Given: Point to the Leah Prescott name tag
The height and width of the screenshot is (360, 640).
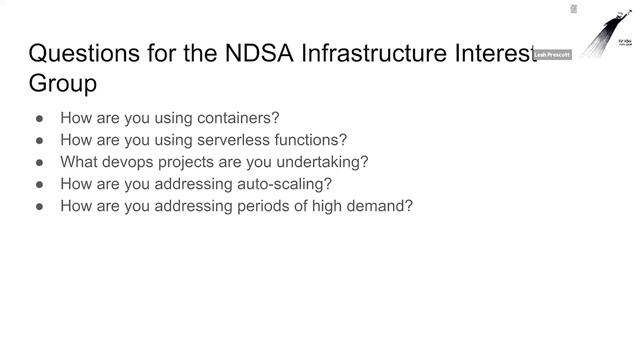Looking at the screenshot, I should [553, 55].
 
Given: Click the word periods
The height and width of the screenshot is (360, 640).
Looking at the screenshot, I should [261, 205].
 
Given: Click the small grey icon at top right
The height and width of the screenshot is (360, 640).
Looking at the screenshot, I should [573, 8].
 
